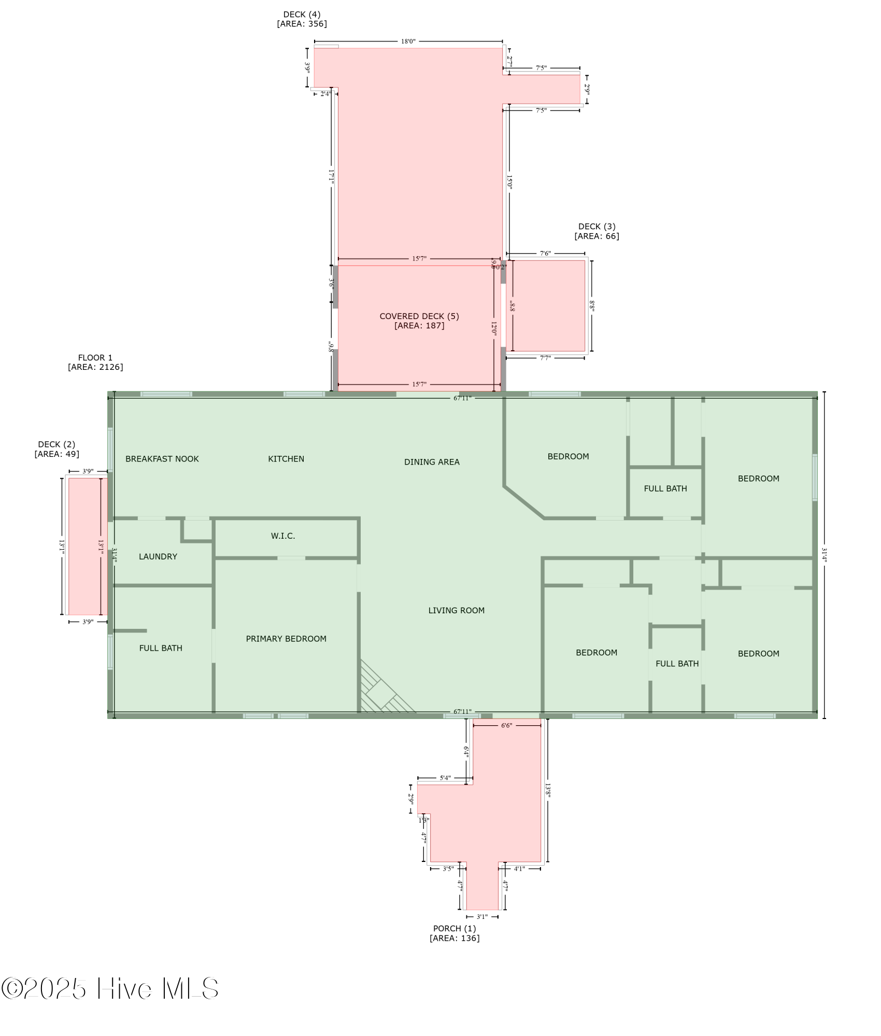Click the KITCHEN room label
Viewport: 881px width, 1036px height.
click(286, 459)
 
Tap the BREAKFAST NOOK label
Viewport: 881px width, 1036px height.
click(162, 459)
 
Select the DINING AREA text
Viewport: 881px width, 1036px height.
click(432, 462)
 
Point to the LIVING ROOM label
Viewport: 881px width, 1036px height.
click(456, 610)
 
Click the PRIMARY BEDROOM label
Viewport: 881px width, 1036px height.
click(286, 639)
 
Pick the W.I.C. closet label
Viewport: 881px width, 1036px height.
click(283, 536)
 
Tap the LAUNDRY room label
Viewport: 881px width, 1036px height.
click(158, 556)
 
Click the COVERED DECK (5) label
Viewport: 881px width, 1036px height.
click(419, 316)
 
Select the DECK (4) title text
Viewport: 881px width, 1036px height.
click(302, 15)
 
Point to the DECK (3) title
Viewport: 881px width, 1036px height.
click(596, 226)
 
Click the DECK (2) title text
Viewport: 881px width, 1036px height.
click(56, 444)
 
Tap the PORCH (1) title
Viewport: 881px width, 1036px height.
click(454, 928)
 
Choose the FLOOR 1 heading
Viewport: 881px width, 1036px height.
click(95, 357)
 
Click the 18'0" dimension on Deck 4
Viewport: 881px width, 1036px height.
click(408, 41)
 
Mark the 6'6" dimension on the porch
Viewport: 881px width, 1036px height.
click(506, 725)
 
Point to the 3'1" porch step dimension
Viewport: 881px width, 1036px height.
click(482, 916)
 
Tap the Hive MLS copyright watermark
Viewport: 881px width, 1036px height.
click(110, 989)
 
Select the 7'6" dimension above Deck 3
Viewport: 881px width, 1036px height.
click(545, 253)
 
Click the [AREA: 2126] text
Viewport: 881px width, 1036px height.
click(95, 367)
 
